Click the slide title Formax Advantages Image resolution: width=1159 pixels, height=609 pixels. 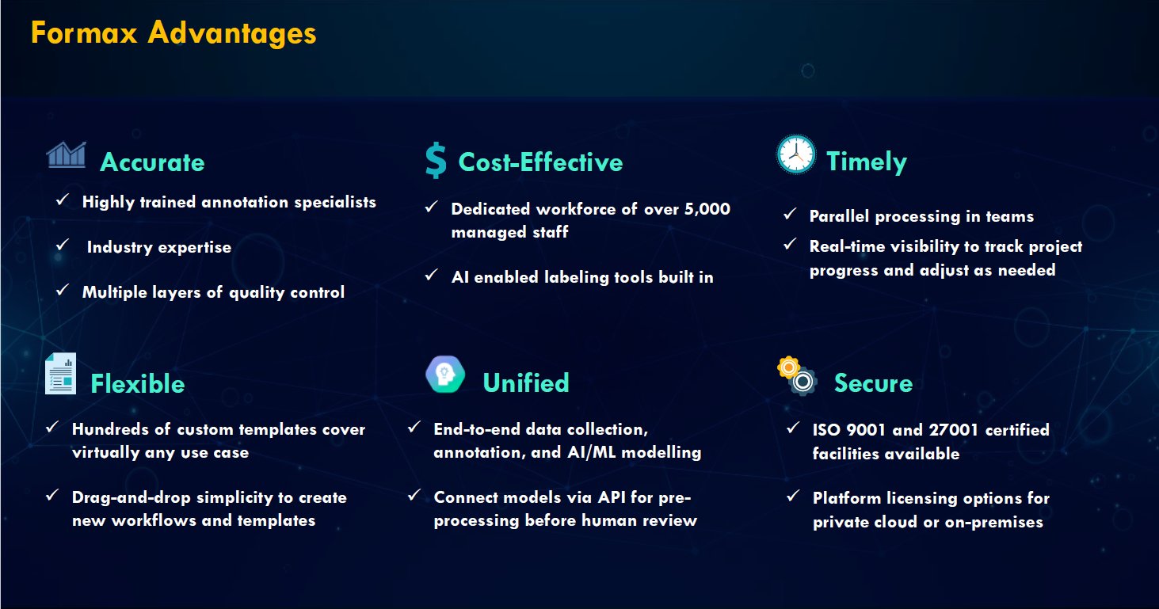pyautogui.click(x=173, y=32)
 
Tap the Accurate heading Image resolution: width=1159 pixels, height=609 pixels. pyautogui.click(x=152, y=162)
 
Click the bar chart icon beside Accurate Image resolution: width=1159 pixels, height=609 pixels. pyautogui.click(x=66, y=154)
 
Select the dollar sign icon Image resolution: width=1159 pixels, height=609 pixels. pyautogui.click(x=436, y=161)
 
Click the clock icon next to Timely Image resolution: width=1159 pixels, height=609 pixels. pyautogui.click(x=796, y=154)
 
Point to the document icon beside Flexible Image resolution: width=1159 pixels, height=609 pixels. pyautogui.click(x=60, y=374)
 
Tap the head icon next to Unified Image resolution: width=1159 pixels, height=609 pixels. pyautogui.click(x=445, y=374)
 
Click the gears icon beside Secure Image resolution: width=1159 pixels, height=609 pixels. pyautogui.click(x=797, y=376)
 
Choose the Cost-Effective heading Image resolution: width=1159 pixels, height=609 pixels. pyautogui.click(x=541, y=162)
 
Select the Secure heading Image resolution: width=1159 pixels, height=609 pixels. pyautogui.click(x=873, y=383)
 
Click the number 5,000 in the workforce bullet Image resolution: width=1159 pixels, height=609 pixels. pyautogui.click(x=707, y=208)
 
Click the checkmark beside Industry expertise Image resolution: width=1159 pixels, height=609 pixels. pyautogui.click(x=63, y=244)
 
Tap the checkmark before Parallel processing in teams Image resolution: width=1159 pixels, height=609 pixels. pyautogui.click(x=790, y=214)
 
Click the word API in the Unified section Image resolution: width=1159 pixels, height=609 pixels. pyautogui.click(x=611, y=497)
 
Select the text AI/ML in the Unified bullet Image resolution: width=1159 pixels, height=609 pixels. pyautogui.click(x=592, y=452)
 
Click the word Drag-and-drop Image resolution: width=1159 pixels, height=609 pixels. pyautogui.click(x=132, y=498)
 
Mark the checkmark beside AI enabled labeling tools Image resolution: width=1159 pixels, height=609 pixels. pyautogui.click(x=432, y=275)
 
